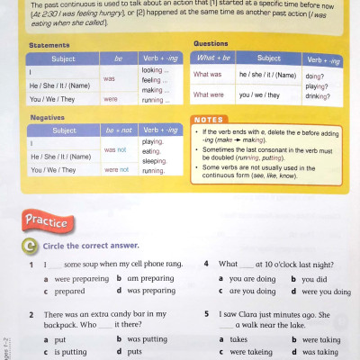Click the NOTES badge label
212,120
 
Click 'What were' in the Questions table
209,94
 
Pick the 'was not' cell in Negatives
114,150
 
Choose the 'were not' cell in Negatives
117,170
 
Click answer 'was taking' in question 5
319,352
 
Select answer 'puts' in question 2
134,352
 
